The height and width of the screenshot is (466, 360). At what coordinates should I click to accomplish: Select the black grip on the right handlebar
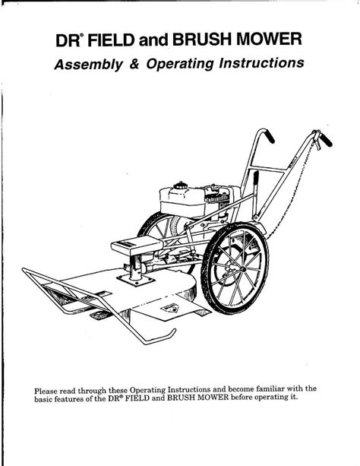326,140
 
